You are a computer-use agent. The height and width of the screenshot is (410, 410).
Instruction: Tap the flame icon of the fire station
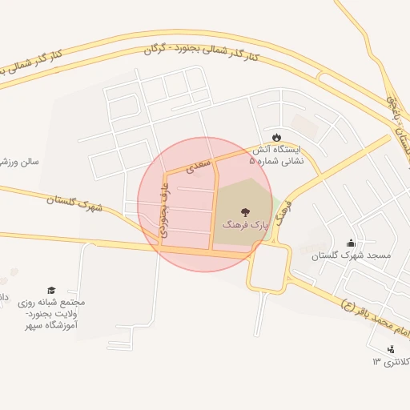point(276,137)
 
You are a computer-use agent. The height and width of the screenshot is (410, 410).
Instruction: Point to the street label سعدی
point(199,166)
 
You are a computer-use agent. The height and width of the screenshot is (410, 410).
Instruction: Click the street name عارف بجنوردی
point(163,209)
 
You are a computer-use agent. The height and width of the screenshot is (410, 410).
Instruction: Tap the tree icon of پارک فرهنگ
point(244,213)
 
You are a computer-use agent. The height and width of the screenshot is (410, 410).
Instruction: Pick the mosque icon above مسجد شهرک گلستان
point(350,243)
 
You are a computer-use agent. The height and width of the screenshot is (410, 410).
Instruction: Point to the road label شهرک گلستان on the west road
point(75,203)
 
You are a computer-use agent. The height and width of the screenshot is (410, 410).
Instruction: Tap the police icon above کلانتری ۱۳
point(390,349)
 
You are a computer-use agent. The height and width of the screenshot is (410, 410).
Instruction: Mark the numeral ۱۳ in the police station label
point(376,362)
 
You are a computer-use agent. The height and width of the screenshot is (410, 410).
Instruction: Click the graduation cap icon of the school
point(51,290)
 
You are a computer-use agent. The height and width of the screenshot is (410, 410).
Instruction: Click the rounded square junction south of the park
point(267,267)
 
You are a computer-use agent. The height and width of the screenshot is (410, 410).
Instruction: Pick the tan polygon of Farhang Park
point(241,200)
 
